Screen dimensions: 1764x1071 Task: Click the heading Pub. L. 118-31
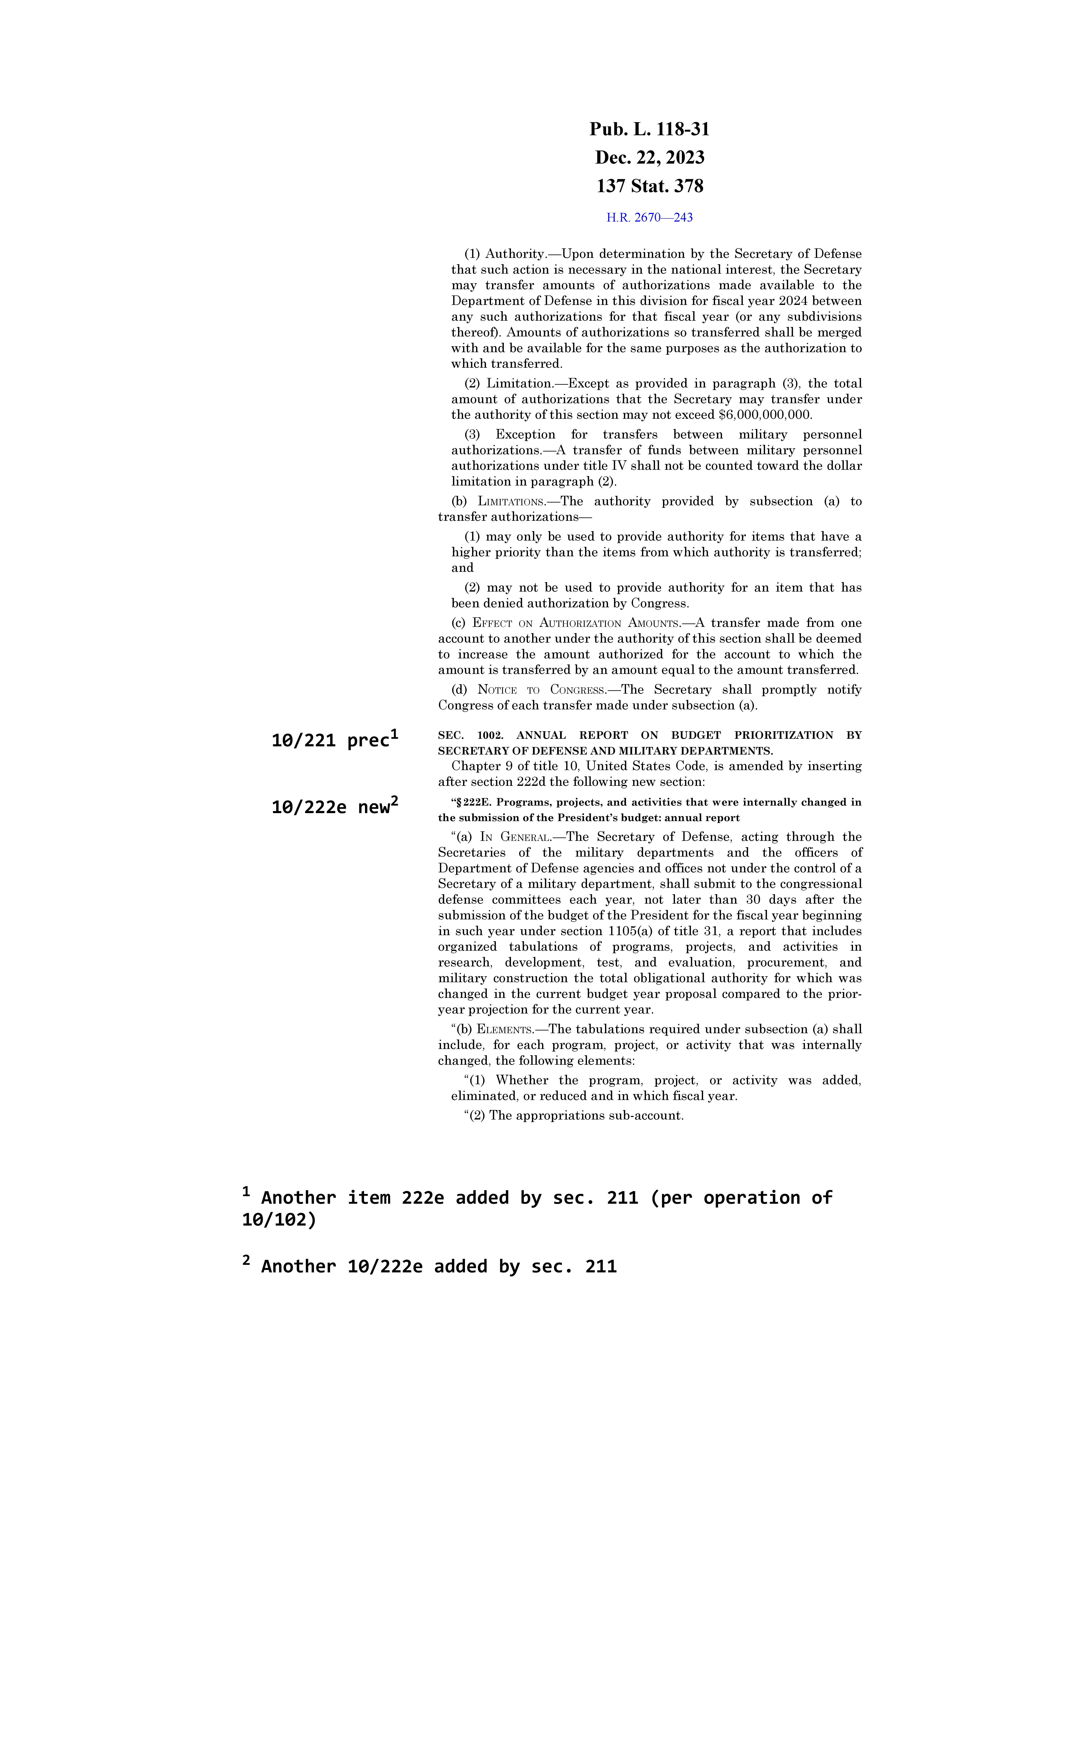[x=649, y=130]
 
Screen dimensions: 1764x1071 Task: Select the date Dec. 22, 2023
[x=649, y=157]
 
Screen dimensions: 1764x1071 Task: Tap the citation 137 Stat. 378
[x=649, y=186]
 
